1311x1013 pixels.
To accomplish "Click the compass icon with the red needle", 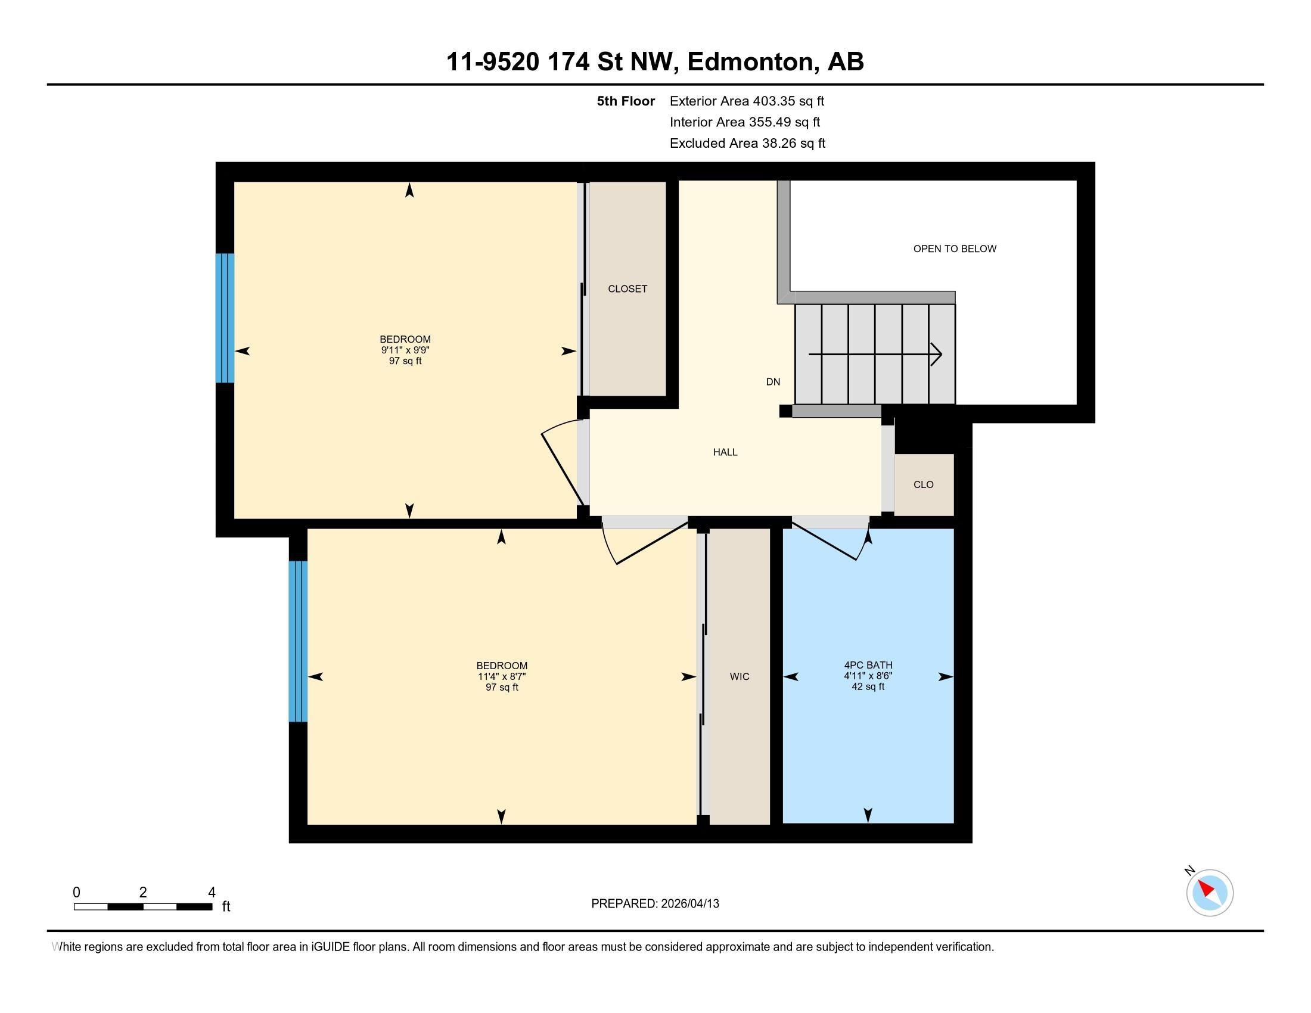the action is tap(1210, 893).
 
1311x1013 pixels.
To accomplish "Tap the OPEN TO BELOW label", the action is tap(955, 249).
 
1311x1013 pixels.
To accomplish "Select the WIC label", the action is tap(740, 677).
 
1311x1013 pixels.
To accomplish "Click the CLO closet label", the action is tap(923, 485).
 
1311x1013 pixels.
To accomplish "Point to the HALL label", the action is tap(725, 452).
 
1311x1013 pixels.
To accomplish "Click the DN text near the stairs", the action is tap(773, 382).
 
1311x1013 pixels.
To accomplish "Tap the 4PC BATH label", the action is tap(868, 665).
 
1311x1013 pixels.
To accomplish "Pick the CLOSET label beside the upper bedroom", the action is tap(627, 289).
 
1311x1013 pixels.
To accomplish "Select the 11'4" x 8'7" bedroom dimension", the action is tap(502, 676).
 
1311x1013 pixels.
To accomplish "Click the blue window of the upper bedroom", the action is tap(225, 318).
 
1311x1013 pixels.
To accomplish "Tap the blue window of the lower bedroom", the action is tap(299, 642).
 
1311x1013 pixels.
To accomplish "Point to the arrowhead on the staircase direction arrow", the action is tap(937, 354).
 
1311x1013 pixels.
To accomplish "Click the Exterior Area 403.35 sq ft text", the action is tap(747, 101).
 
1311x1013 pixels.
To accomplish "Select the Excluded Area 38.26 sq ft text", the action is tap(747, 144).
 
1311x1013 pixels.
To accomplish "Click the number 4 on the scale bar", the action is tap(212, 893).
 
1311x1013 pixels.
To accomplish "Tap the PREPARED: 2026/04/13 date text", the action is tap(655, 904).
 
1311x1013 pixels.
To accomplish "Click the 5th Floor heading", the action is tap(626, 101).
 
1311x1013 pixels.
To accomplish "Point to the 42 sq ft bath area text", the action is tap(868, 686).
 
